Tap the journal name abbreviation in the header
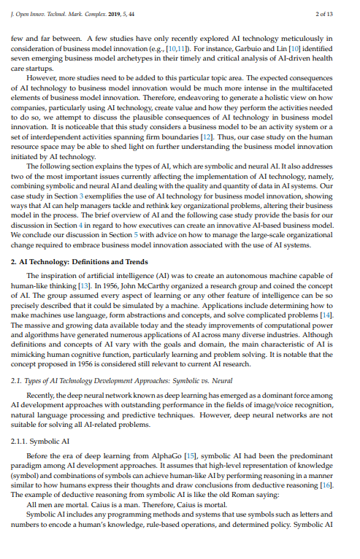[55, 14]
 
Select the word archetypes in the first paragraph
[150, 55]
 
